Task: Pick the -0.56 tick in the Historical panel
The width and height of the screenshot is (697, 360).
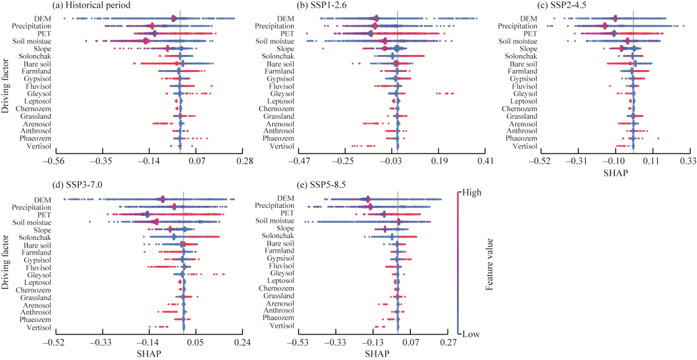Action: [x=57, y=162]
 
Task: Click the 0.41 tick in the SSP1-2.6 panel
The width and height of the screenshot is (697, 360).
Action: [x=485, y=162]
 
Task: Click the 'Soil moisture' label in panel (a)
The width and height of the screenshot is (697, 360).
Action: [x=32, y=42]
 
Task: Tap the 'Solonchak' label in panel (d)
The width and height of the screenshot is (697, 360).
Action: [x=33, y=237]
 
